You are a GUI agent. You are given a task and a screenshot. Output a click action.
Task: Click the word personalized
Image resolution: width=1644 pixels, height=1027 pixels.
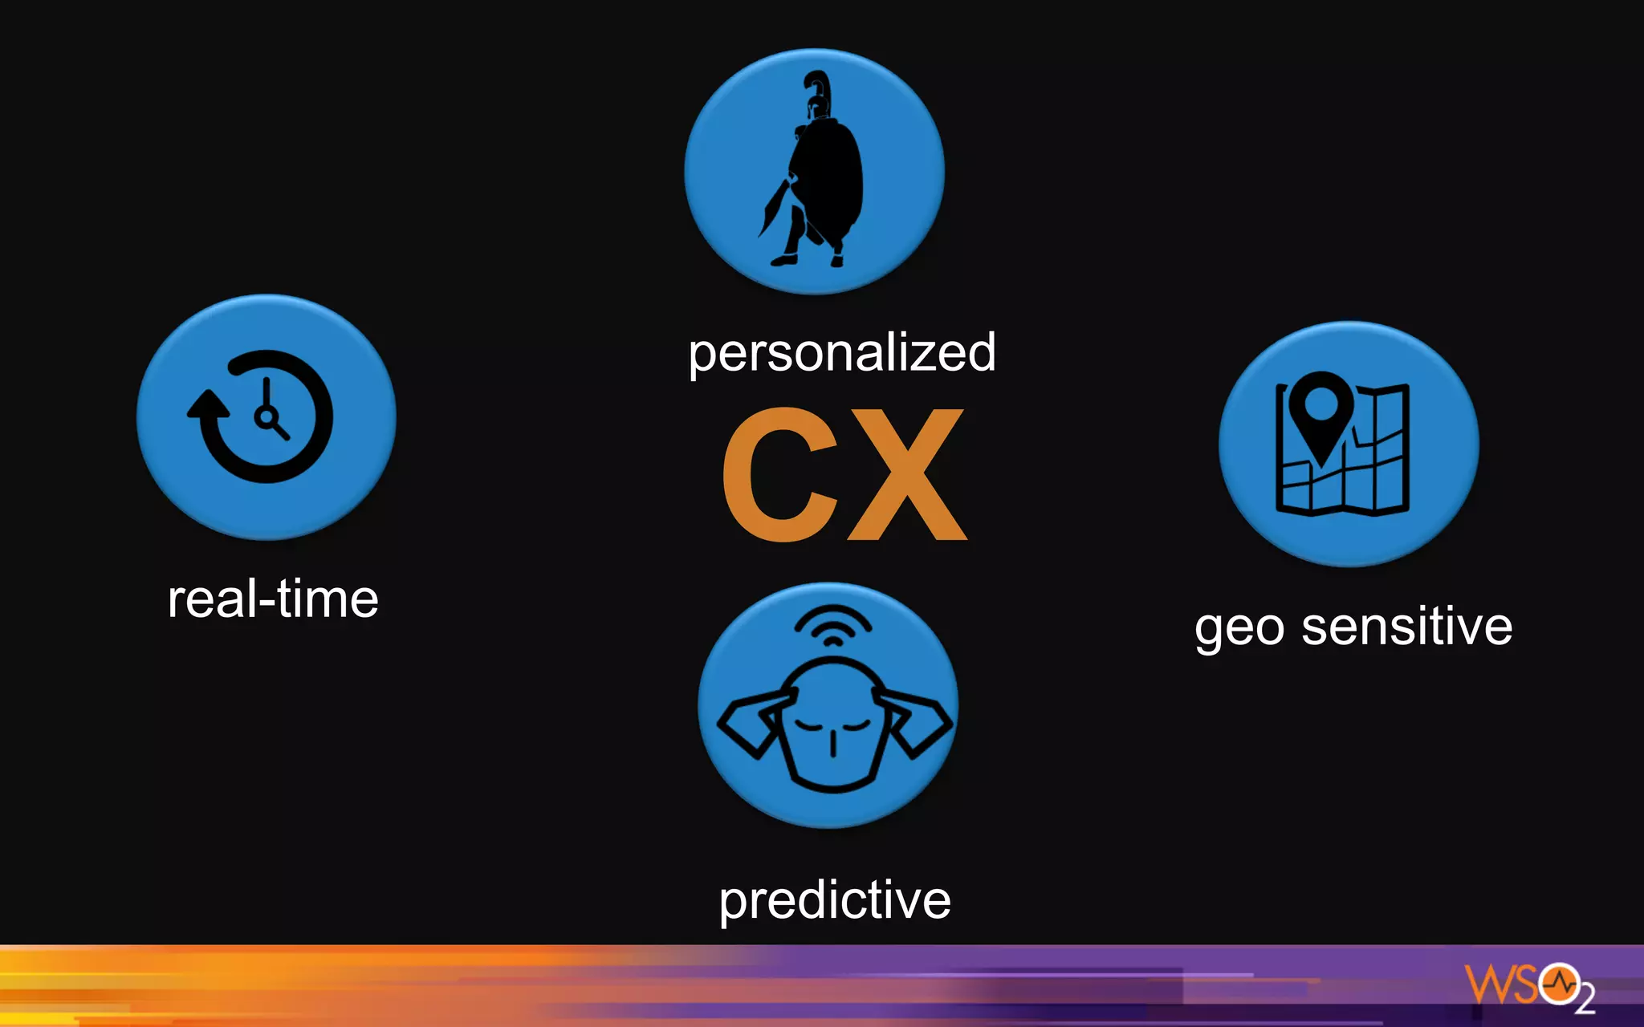pos(842,353)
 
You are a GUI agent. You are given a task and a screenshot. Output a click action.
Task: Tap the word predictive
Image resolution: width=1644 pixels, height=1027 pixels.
pos(835,900)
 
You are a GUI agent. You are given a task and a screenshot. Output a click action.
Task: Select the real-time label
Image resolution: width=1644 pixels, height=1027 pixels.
pos(273,599)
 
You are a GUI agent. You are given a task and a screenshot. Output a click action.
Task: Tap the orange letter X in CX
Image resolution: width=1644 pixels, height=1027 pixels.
pos(907,474)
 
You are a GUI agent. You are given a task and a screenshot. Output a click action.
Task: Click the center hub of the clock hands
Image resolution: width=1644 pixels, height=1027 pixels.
pos(265,416)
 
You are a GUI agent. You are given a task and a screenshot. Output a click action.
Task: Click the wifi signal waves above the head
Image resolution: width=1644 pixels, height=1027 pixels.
pos(833,625)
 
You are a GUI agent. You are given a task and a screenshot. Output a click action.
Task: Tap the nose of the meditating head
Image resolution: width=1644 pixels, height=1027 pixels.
pos(833,743)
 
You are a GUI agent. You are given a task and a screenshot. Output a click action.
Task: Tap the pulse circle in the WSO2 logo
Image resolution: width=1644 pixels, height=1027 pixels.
pos(1560,983)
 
